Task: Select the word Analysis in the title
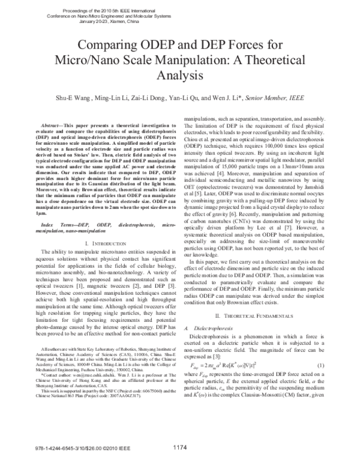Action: coord(180,76)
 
